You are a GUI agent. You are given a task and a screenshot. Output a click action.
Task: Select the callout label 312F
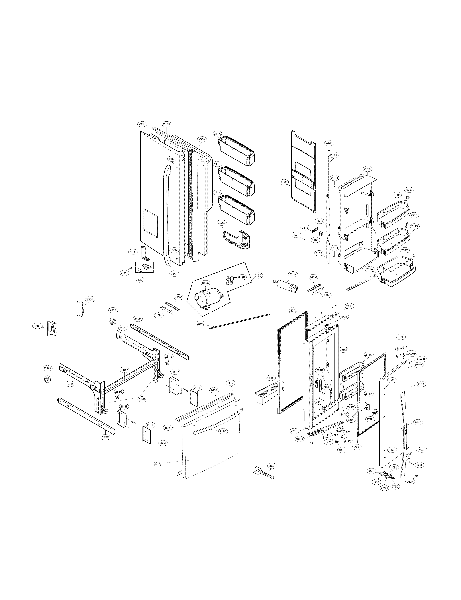click(284, 182)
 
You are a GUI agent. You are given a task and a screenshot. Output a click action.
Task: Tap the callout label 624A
click(293, 274)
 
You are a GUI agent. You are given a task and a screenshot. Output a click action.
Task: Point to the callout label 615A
click(205, 283)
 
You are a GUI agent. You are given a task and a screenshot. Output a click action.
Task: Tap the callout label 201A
click(158, 463)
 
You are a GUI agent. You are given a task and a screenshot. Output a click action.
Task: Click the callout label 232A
click(367, 169)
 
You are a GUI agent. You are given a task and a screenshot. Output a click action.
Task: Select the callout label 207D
click(329, 143)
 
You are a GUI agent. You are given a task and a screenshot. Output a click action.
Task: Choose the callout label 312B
click(221, 223)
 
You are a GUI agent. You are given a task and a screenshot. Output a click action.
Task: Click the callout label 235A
click(201, 139)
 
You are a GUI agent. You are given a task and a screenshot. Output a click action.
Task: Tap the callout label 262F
click(410, 482)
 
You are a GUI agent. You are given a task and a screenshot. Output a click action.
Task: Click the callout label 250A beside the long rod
click(200, 324)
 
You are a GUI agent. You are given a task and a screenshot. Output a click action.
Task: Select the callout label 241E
click(271, 378)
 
